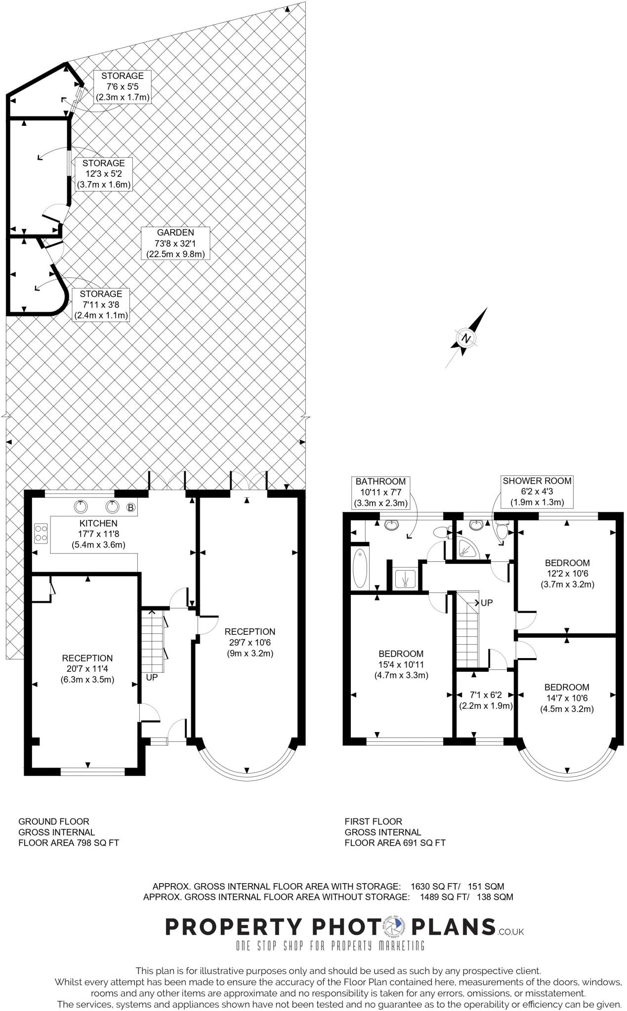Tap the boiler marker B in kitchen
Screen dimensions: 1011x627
coord(130,507)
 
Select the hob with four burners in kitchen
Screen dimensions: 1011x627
coord(41,533)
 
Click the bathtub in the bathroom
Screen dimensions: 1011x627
coord(361,567)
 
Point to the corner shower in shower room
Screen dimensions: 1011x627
coord(467,549)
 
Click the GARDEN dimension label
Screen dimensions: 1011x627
coord(175,243)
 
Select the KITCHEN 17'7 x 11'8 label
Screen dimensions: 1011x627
coord(99,534)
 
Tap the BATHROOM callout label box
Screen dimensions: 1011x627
coord(380,492)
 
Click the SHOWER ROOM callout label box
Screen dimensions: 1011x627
coord(537,492)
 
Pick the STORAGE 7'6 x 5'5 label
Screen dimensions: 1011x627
coord(122,86)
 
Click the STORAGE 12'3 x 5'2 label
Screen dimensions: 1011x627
coord(103,174)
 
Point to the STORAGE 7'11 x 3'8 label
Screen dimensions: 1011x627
coord(101,305)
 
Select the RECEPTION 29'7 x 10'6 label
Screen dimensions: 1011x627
coord(250,642)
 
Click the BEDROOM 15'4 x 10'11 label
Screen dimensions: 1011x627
coord(401,664)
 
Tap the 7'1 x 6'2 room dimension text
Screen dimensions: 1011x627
coord(485,700)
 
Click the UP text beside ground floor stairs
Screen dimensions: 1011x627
coord(152,678)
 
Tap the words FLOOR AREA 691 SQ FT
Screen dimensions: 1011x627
coord(395,843)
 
